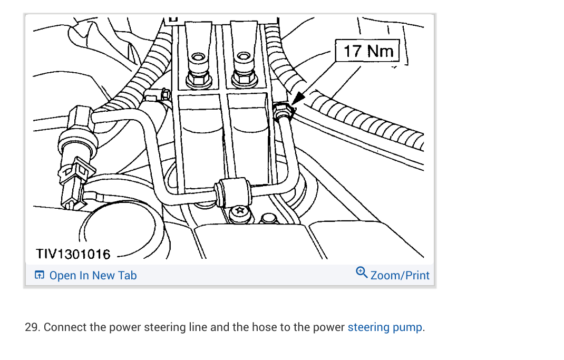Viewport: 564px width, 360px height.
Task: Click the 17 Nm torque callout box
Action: (368, 51)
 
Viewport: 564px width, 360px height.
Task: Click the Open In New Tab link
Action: (93, 275)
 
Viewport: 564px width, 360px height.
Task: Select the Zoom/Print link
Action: (400, 275)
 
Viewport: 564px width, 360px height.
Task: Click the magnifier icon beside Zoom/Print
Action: (362, 273)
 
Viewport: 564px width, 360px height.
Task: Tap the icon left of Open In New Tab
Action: (39, 275)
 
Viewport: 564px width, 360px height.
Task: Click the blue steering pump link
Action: (385, 327)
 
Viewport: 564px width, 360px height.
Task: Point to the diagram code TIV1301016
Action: (73, 254)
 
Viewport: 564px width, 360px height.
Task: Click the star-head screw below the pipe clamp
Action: (241, 212)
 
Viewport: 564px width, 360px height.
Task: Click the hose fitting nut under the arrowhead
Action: (284, 110)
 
